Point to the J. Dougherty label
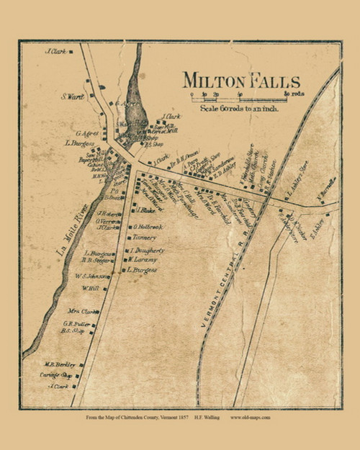(148, 250)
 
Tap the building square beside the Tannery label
(129, 237)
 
